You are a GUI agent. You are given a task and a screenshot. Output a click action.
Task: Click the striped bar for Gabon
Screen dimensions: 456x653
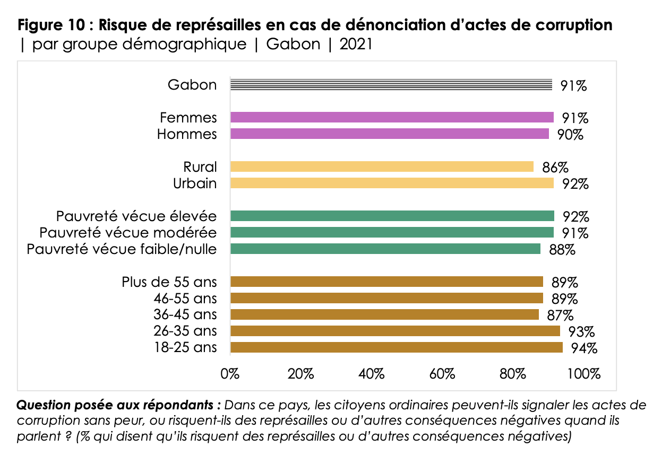coord(391,85)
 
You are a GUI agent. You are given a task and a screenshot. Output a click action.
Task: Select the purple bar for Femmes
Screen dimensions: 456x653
coord(392,118)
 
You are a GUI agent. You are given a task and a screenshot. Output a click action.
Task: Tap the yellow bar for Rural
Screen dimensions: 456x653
coord(382,166)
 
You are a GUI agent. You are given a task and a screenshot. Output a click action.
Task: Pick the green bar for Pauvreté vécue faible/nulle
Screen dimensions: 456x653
coord(385,249)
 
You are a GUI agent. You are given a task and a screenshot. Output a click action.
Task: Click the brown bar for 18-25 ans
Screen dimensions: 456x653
coord(397,347)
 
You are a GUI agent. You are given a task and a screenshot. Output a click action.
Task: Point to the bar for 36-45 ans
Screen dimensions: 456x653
coord(384,314)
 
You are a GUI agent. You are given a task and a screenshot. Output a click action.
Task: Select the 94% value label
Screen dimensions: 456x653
coord(584,348)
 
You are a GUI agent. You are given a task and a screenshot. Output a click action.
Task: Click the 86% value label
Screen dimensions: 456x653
coord(555,168)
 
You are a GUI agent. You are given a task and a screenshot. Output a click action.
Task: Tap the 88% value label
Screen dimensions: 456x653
coord(562,250)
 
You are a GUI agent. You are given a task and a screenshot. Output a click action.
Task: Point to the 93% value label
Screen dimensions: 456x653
coord(581,332)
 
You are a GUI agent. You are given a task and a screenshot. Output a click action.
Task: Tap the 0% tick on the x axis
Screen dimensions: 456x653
coord(230,374)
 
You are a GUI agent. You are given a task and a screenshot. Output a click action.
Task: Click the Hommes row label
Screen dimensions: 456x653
coord(187,134)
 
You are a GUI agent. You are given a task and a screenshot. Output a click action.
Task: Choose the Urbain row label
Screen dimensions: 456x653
coord(195,183)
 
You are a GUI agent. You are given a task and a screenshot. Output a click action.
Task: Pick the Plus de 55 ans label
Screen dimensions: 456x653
coord(169,282)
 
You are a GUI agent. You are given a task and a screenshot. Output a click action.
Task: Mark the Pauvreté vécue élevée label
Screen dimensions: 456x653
coord(136,216)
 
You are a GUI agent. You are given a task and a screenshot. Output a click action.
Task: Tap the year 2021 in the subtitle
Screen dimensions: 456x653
coord(356,44)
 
